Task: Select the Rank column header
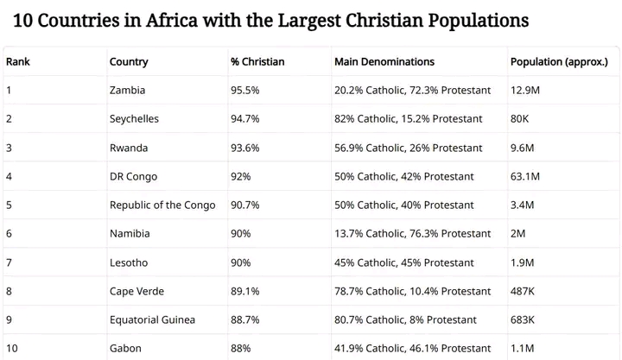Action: point(18,61)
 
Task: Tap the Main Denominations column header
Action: point(384,61)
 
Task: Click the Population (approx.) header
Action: point(559,61)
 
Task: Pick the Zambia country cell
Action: point(127,90)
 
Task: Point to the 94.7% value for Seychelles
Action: point(245,118)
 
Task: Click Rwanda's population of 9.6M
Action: point(523,148)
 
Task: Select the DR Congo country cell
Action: point(133,176)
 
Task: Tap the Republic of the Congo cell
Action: point(156,205)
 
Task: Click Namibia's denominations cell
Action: point(412,233)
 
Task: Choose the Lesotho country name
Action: point(129,262)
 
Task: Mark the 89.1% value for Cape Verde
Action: point(244,291)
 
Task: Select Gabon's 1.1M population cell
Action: point(522,348)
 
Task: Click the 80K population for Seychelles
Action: point(519,118)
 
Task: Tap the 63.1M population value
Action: point(525,176)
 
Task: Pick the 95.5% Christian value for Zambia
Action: point(245,90)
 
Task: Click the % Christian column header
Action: point(257,61)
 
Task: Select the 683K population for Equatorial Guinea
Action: point(523,319)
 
